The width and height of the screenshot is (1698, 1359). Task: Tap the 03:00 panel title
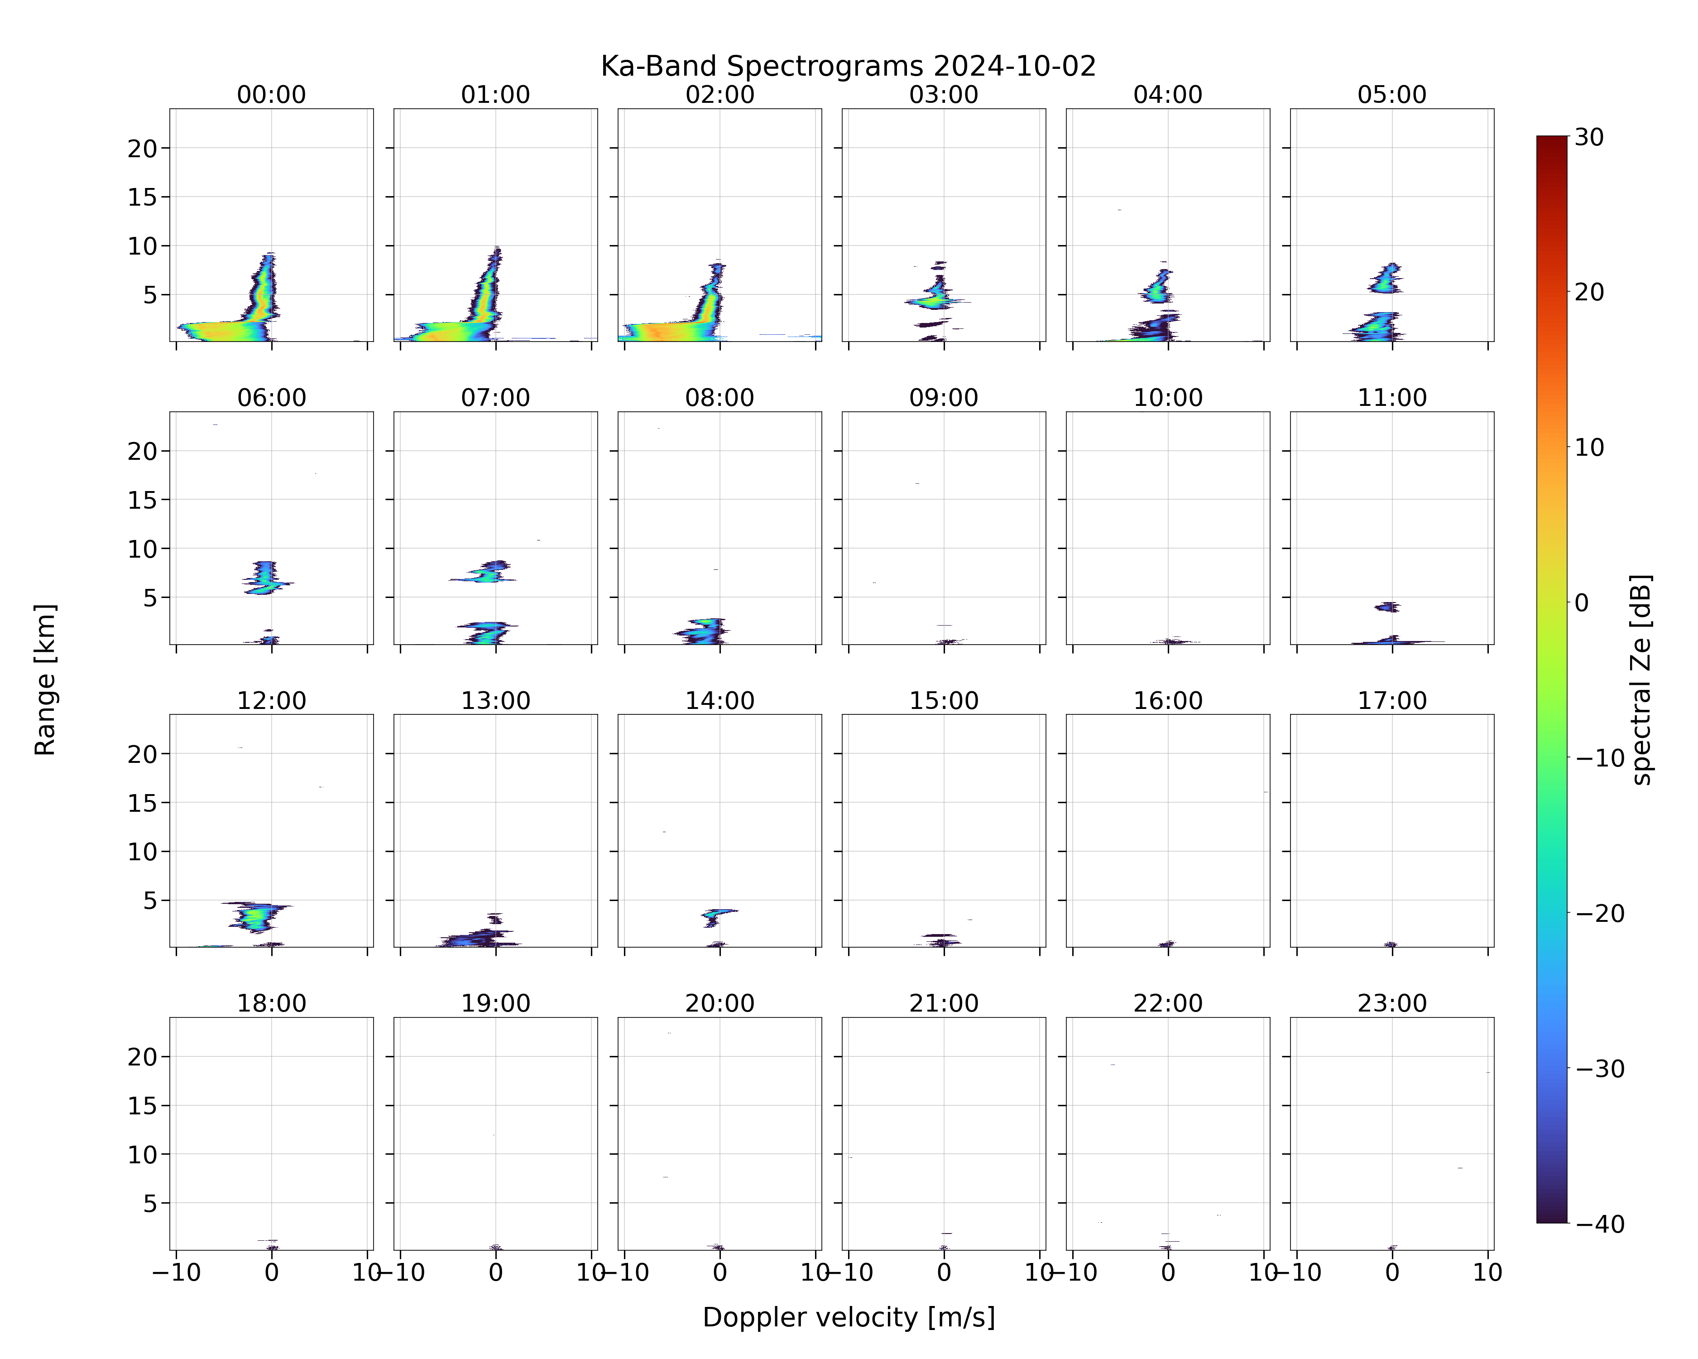(x=944, y=95)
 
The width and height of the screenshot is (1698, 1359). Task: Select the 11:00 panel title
(x=1391, y=398)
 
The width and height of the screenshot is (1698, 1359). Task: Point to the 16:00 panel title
(x=1168, y=700)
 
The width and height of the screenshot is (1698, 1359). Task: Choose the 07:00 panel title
(x=495, y=398)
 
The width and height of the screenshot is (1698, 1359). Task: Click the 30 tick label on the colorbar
(x=1589, y=138)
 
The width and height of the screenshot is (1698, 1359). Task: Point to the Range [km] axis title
(x=45, y=680)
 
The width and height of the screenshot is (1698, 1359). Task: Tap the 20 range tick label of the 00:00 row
(x=143, y=148)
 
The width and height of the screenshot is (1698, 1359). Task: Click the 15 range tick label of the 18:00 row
(x=143, y=1105)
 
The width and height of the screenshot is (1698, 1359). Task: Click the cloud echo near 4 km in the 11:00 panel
(x=1388, y=607)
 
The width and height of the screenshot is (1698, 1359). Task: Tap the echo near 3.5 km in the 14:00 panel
(x=717, y=916)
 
